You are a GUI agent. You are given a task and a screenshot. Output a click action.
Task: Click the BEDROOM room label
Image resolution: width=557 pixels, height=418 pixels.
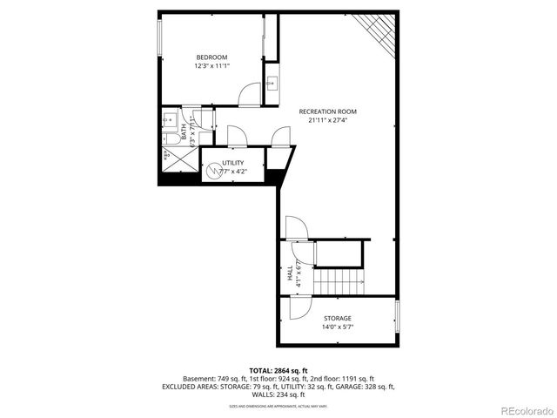pyautogui.click(x=211, y=57)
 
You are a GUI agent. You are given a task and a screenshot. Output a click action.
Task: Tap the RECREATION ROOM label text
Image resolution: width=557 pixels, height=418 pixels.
pyautogui.click(x=327, y=111)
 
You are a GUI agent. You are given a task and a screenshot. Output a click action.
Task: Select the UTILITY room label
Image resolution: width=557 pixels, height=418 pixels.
pyautogui.click(x=233, y=163)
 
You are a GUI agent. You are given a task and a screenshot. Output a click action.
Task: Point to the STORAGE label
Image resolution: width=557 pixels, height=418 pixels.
pyautogui.click(x=338, y=319)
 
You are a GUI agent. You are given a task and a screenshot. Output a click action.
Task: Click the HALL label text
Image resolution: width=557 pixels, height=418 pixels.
pyautogui.click(x=290, y=273)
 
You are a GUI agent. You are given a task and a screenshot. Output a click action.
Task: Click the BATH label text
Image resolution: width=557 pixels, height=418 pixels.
pyautogui.click(x=184, y=126)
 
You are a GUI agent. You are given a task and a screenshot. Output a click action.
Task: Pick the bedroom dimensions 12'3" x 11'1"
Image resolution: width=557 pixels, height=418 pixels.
pyautogui.click(x=211, y=66)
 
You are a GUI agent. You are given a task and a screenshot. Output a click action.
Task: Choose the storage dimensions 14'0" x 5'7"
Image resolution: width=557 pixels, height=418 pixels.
pyautogui.click(x=338, y=327)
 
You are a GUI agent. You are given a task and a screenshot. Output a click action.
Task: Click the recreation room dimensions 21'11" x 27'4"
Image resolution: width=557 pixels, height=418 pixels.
pyautogui.click(x=327, y=120)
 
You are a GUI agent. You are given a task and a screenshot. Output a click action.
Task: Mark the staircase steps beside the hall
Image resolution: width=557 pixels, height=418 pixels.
pyautogui.click(x=338, y=281)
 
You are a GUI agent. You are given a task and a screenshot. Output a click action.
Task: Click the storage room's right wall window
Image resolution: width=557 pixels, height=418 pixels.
pyautogui.click(x=398, y=318)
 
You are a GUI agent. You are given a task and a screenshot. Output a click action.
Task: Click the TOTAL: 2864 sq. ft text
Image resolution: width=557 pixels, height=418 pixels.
pyautogui.click(x=278, y=371)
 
